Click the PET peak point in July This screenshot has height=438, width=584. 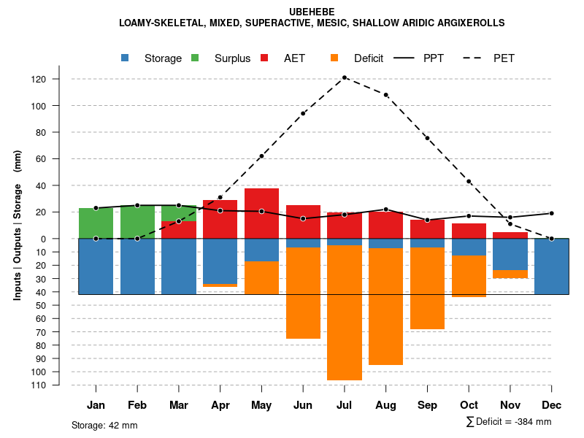pos(345,77)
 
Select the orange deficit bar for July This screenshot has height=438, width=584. pos(345,312)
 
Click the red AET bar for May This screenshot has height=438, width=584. pos(261,213)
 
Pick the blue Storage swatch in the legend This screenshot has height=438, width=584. pos(126,58)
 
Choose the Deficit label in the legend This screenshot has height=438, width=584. pos(369,58)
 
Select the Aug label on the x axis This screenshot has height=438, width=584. pos(386,405)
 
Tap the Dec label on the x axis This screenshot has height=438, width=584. pos(552,405)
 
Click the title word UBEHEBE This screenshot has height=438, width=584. pos(312,12)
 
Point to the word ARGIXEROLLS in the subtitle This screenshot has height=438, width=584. pos(468,23)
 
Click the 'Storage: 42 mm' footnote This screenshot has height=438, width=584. pos(104,425)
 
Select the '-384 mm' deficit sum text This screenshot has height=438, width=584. pos(531,422)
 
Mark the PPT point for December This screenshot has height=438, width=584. pos(552,213)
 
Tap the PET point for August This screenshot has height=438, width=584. pos(386,95)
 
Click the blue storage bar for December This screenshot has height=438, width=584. pos(552,266)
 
